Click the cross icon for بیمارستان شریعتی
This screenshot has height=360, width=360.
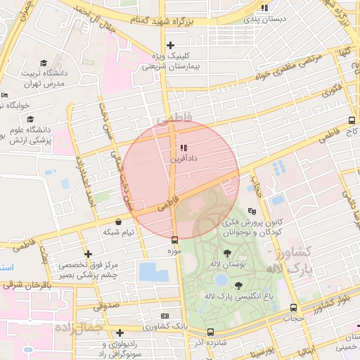[171, 46]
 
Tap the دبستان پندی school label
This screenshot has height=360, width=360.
[263, 19]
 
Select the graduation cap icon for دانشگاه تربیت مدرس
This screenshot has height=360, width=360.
[44, 63]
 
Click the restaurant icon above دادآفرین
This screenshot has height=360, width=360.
[183, 148]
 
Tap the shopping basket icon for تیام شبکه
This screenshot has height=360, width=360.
[118, 221]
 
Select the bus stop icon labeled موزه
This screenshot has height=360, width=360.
[174, 240]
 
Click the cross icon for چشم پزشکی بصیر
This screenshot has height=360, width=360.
[88, 254]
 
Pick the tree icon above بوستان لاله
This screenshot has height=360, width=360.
[226, 253]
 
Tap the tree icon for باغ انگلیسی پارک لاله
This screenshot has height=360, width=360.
[238, 285]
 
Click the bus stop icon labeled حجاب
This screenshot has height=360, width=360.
[294, 307]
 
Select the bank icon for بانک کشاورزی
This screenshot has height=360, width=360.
[165, 316]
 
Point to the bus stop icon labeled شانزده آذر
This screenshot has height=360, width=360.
[210, 332]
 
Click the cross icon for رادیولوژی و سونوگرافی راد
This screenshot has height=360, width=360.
[120, 333]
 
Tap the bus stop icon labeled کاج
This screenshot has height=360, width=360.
[352, 120]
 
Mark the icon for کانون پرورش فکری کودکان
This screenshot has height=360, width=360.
[252, 210]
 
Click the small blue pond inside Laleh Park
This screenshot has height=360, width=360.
[222, 280]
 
